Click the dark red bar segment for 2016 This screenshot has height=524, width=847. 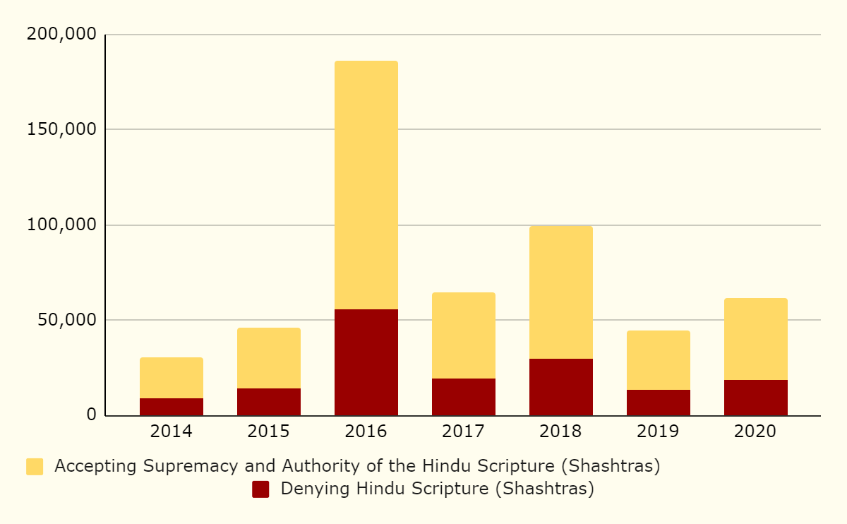366,362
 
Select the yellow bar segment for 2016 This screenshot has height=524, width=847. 366,185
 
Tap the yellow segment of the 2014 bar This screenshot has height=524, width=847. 172,378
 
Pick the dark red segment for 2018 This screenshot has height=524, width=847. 560,387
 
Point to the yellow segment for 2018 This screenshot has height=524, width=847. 560,292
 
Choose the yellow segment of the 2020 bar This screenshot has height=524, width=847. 755,339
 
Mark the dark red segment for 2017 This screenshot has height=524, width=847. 463,397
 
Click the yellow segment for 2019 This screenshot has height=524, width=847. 658,360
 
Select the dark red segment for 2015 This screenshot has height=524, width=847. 268,402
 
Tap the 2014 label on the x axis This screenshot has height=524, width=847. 172,431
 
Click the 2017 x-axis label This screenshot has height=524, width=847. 463,431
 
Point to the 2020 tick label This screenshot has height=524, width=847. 755,431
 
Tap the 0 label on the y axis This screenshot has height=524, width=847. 91,415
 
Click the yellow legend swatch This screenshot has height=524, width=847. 35,467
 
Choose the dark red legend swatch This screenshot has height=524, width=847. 260,489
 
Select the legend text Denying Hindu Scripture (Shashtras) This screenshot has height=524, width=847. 437,489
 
